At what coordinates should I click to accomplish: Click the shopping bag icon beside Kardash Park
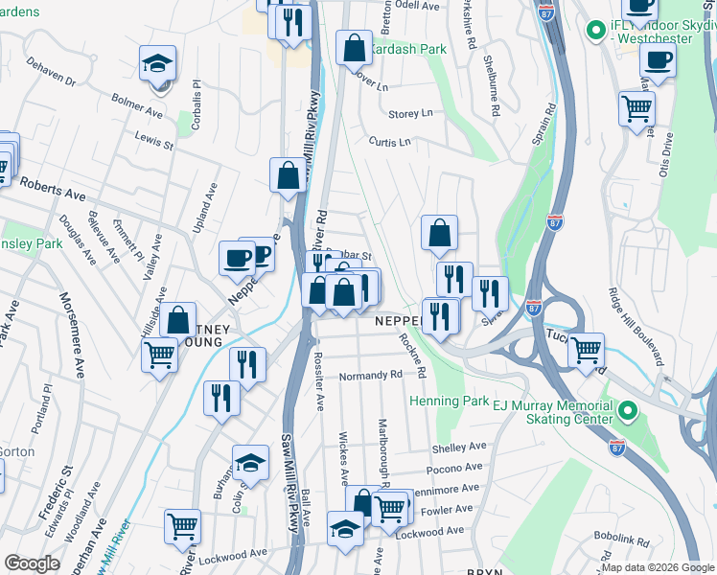[355, 47]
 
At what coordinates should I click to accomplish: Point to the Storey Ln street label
[410, 113]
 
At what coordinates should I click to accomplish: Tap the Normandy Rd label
[369, 375]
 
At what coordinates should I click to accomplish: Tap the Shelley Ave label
[460, 448]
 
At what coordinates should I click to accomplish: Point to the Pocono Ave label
[453, 468]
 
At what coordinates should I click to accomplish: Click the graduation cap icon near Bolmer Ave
[158, 64]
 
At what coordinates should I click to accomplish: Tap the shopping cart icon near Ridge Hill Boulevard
[636, 109]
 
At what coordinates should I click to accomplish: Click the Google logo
[32, 563]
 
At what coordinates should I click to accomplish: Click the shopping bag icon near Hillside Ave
[178, 320]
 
